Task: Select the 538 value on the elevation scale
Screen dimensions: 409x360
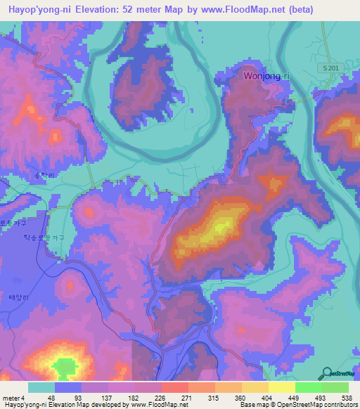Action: pyautogui.click(x=346, y=398)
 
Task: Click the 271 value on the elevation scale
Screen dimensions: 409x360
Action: pyautogui.click(x=186, y=398)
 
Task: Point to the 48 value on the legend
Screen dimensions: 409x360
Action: pyautogui.click(x=52, y=398)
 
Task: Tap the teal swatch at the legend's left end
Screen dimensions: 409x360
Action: pyautogui.click(x=41, y=387)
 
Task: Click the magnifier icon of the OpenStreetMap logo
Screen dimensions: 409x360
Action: pyautogui.click(x=327, y=372)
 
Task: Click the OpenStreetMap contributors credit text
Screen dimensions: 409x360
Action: pyautogui.click(x=320, y=405)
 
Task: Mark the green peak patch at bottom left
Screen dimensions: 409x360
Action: pyautogui.click(x=65, y=367)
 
